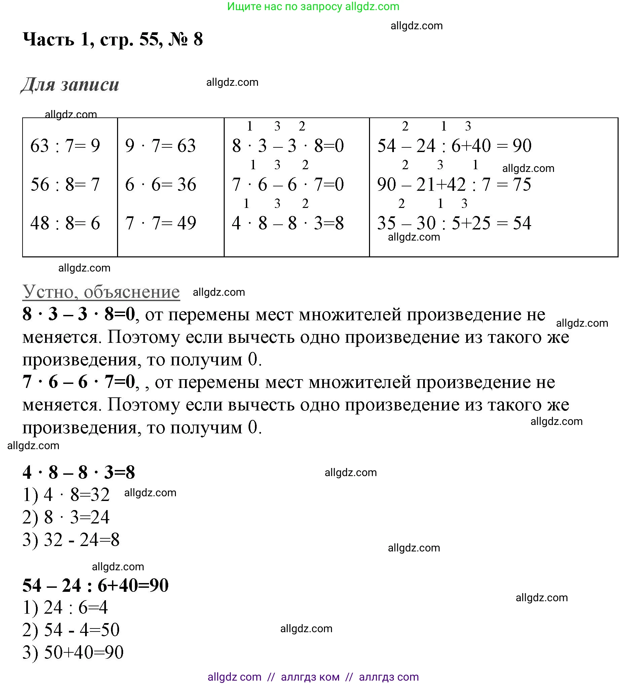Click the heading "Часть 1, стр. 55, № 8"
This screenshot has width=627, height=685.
pyautogui.click(x=112, y=39)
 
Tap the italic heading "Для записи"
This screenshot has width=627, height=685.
pyautogui.click(x=70, y=84)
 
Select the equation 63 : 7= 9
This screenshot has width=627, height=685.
pyautogui.click(x=65, y=146)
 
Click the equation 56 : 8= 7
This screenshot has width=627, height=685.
pyautogui.click(x=65, y=185)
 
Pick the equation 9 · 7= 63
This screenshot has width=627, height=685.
pyautogui.click(x=160, y=146)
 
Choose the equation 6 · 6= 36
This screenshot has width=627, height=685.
pyautogui.click(x=160, y=185)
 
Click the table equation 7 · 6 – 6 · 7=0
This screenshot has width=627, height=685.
pyautogui.click(x=288, y=185)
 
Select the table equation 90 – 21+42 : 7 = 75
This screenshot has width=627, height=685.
pyautogui.click(x=454, y=185)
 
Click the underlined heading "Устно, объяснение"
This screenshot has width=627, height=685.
pyautogui.click(x=101, y=292)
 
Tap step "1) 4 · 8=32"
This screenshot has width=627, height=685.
pyautogui.click(x=66, y=495)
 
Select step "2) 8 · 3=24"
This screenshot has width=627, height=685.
pyautogui.click(x=66, y=517)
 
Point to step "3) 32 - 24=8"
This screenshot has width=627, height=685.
pyautogui.click(x=71, y=540)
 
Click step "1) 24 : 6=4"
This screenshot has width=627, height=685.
pyautogui.click(x=65, y=608)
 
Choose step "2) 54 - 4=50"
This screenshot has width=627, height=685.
pyautogui.click(x=71, y=630)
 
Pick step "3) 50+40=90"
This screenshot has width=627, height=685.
pyautogui.click(x=73, y=652)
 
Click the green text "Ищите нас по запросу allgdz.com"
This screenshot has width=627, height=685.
pyautogui.click(x=313, y=6)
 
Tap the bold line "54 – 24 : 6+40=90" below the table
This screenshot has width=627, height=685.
pyautogui.click(x=96, y=585)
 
